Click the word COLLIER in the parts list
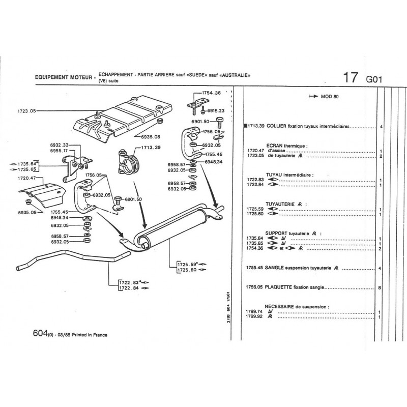point(278,126)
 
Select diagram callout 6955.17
point(60,151)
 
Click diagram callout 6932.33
point(60,145)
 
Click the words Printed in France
point(91,335)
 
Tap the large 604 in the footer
point(39,334)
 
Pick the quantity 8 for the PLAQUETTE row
point(380,288)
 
